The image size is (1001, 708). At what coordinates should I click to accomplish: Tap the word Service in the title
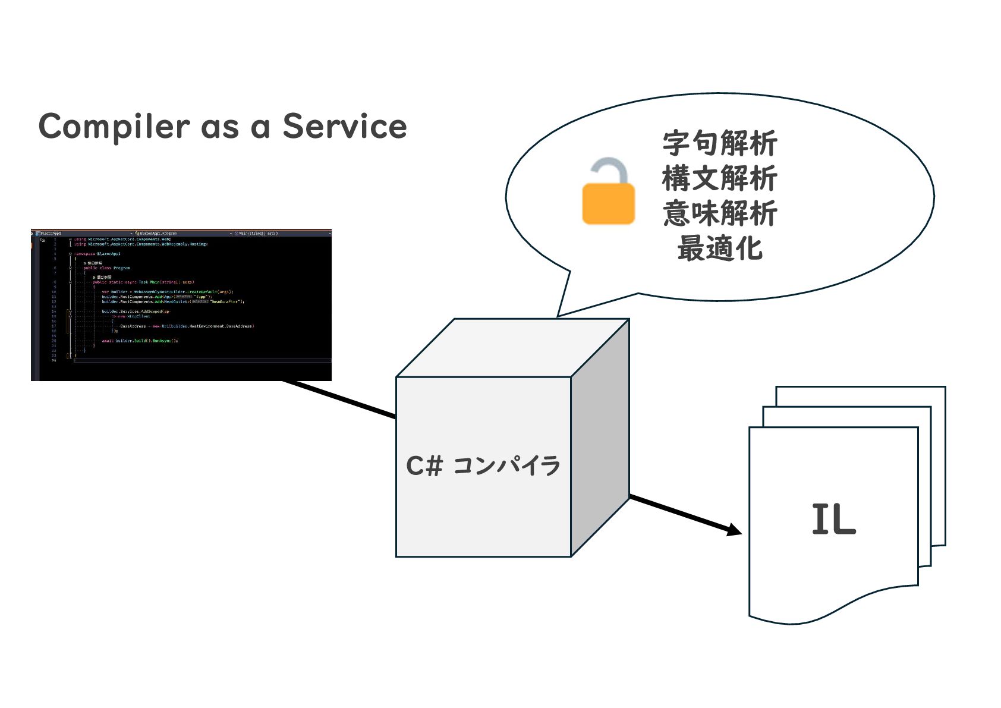[x=344, y=126]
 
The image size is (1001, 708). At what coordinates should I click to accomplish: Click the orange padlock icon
[x=608, y=202]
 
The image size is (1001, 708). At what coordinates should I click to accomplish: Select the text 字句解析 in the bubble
[x=720, y=143]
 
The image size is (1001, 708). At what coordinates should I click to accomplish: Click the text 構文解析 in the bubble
[x=720, y=178]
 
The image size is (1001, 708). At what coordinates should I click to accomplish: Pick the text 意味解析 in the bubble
[x=720, y=213]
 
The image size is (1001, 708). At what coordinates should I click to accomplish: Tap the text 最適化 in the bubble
[x=720, y=248]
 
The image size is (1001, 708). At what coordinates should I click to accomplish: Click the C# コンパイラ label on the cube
[x=483, y=465]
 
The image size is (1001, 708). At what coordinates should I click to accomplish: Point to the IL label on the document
[x=833, y=520]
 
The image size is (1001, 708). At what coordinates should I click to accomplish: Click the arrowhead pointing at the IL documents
[x=735, y=529]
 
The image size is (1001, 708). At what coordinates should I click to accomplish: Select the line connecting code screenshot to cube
[x=339, y=399]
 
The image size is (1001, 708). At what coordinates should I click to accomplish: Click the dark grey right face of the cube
[x=600, y=437]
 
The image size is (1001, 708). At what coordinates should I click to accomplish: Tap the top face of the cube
[x=512, y=348]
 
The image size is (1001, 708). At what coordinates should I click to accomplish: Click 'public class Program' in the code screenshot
[x=106, y=268]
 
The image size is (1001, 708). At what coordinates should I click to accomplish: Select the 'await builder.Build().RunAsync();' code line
[x=140, y=341]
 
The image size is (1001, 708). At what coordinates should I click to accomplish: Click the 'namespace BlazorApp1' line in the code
[x=97, y=254]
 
